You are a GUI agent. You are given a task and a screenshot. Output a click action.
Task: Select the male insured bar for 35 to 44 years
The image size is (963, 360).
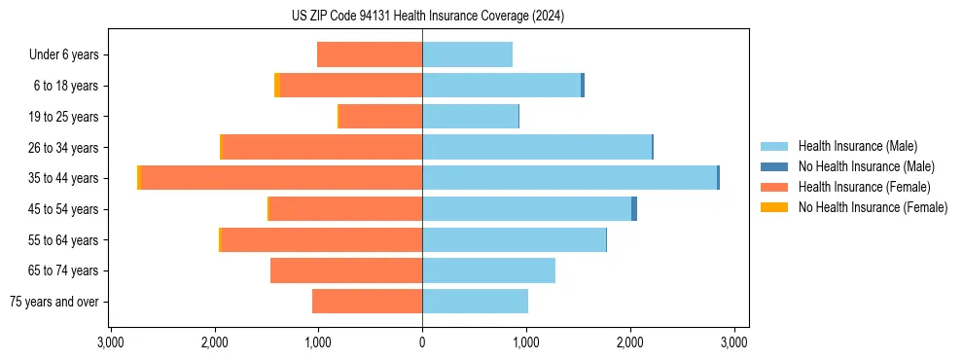click(x=569, y=178)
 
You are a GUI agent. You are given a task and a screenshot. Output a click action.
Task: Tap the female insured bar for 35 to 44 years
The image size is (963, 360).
click(x=281, y=178)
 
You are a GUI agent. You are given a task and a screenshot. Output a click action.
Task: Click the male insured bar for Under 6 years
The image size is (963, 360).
click(x=467, y=55)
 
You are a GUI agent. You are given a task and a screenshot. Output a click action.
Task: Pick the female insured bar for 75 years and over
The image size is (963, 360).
click(x=367, y=302)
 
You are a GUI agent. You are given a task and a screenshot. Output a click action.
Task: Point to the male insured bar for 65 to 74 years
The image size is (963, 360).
click(x=488, y=270)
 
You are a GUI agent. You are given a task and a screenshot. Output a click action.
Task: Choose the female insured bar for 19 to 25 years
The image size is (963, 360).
click(x=380, y=117)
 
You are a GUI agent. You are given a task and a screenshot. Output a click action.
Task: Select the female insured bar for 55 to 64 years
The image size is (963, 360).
click(x=322, y=239)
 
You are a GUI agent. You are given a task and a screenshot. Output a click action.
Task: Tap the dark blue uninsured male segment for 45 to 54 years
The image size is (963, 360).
click(x=634, y=209)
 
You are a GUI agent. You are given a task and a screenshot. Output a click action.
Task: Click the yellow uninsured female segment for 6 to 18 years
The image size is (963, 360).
click(x=277, y=86)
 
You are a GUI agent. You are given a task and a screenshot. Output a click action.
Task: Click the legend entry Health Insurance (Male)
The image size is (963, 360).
click(x=857, y=146)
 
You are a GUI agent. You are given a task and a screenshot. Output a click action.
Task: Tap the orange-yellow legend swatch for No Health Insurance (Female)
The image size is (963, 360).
click(x=774, y=207)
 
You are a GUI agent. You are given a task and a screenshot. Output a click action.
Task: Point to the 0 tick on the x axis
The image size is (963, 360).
click(x=422, y=342)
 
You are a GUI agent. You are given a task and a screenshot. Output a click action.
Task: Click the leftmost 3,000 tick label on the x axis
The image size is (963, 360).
click(x=110, y=342)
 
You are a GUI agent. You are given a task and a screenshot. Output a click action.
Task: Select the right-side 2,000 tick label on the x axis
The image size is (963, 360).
click(x=630, y=342)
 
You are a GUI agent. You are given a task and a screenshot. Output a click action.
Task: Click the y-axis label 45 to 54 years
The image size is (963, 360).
click(x=64, y=209)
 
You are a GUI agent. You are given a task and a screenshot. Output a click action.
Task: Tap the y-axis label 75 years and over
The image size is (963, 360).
click(x=53, y=302)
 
